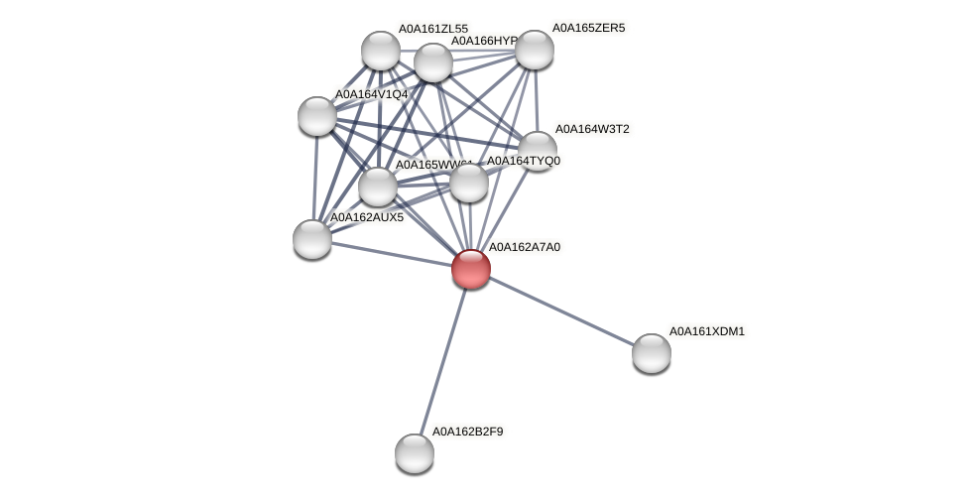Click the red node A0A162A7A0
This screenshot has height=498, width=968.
click(x=471, y=269)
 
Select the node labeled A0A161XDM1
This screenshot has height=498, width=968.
click(x=652, y=353)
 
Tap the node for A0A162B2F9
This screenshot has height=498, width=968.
click(x=415, y=453)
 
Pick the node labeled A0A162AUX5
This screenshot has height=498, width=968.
click(x=312, y=239)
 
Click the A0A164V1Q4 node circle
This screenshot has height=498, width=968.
click(x=317, y=116)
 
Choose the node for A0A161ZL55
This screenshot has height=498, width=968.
click(x=381, y=51)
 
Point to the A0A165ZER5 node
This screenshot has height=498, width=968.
click(x=535, y=50)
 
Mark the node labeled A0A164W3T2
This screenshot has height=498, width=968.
click(x=538, y=151)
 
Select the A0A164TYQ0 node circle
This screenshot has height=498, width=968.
click(x=469, y=183)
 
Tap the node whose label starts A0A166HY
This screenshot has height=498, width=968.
click(x=433, y=62)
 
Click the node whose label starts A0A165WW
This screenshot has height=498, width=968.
click(x=378, y=187)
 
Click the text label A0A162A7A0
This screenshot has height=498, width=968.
click(x=524, y=247)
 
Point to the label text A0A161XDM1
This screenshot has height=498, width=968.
click(x=706, y=331)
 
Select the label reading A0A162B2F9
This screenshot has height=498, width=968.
click(x=467, y=432)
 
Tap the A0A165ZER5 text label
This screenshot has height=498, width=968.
click(x=588, y=28)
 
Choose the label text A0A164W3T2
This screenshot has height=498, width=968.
click(x=591, y=129)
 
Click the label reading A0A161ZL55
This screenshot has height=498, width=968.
click(x=432, y=29)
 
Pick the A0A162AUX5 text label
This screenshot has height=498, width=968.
click(x=367, y=217)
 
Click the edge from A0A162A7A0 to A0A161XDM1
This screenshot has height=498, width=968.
click(x=561, y=311)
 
